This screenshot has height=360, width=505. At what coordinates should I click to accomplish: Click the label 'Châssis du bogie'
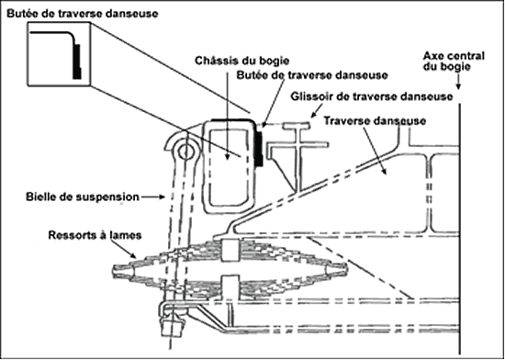click(241, 61)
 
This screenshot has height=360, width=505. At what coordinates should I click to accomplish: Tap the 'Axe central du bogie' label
click(454, 62)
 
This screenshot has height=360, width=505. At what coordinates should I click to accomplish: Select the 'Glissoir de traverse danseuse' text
click(372, 96)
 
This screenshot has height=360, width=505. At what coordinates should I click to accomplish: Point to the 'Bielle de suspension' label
click(83, 197)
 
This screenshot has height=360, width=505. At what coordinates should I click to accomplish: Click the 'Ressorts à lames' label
click(95, 235)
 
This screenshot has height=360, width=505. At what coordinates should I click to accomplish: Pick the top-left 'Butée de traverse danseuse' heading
click(83, 14)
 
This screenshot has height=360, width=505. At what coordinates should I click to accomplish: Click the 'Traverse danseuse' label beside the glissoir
click(375, 121)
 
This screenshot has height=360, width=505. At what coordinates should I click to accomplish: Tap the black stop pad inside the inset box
click(77, 62)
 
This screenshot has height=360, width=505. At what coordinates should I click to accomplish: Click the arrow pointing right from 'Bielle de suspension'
click(152, 197)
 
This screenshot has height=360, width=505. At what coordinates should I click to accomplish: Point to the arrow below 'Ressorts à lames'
click(124, 250)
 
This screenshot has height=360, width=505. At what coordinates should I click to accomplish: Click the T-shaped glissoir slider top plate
click(297, 125)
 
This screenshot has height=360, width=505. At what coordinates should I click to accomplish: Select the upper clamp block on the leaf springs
click(230, 250)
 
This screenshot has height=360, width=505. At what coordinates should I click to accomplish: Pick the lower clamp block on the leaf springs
click(230, 287)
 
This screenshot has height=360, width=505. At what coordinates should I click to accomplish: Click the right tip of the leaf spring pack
click(346, 269)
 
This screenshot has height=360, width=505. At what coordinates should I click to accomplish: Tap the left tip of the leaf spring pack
click(113, 271)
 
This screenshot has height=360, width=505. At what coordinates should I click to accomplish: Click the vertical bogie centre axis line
click(459, 229)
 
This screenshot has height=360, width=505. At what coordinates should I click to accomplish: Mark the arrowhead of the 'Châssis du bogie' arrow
click(228, 157)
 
